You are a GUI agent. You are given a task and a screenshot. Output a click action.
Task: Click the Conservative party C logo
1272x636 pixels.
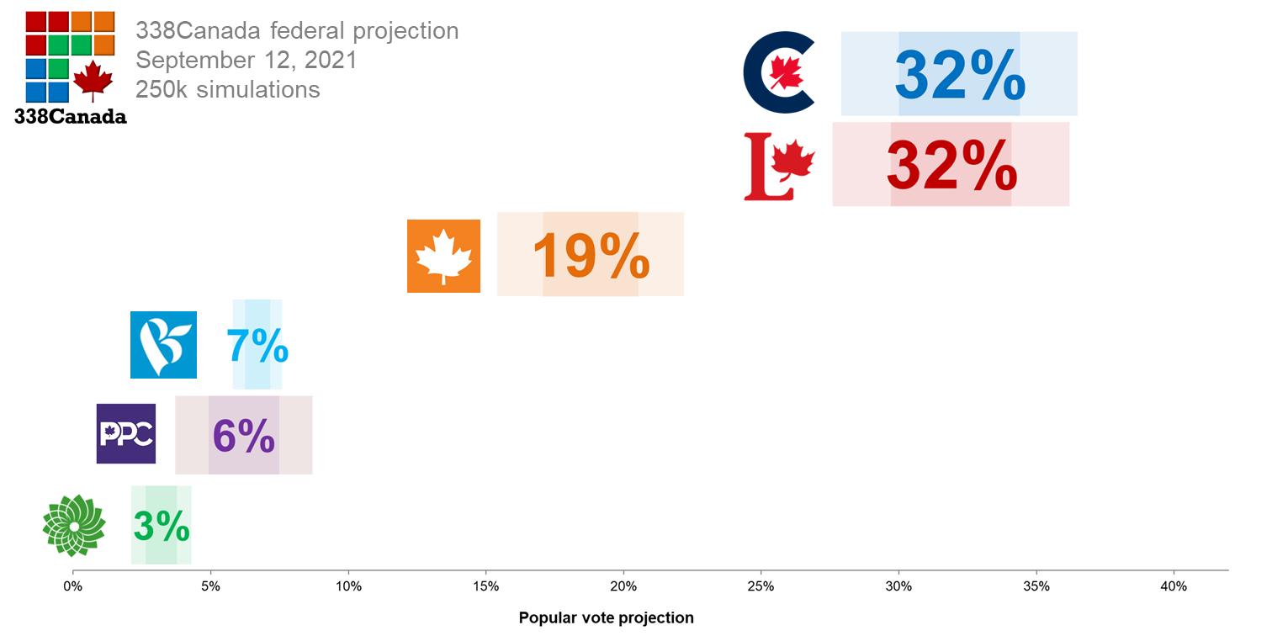coord(778,72)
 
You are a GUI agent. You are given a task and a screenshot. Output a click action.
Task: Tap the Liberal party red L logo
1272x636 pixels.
coord(778,167)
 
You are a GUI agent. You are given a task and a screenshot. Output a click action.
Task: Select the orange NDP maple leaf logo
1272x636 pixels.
coord(443,256)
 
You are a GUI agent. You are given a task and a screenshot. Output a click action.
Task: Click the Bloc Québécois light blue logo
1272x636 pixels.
coord(163,345)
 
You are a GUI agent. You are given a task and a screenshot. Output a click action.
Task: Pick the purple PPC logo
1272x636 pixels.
coord(126,434)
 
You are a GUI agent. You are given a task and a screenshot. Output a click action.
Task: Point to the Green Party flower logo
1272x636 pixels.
coord(74,525)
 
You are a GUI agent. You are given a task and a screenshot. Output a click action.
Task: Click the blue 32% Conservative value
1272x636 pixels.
coord(960,76)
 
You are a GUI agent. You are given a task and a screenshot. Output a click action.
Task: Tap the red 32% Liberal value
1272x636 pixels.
coord(951,167)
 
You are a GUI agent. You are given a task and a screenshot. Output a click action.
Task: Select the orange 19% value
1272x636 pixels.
coord(591,255)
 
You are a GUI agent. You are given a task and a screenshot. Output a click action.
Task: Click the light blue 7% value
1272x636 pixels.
coord(257,345)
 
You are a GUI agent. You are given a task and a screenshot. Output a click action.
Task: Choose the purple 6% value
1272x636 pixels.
coord(244,435)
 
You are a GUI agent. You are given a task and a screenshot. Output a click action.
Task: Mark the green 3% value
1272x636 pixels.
coord(162,527)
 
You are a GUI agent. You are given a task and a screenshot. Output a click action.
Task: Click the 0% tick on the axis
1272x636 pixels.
coord(73,586)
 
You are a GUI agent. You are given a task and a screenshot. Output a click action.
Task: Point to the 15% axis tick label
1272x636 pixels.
coord(485,586)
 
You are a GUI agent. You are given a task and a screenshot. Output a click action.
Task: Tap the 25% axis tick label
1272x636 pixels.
coord(761,586)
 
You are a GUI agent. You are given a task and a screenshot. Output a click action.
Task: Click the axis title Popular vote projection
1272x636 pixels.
coord(606,618)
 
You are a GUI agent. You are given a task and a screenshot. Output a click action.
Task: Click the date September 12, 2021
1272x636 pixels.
coord(246,61)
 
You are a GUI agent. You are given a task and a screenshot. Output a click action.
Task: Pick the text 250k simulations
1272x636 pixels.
coord(227,89)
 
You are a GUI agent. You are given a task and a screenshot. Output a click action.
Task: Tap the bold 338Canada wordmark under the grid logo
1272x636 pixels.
coord(71,117)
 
